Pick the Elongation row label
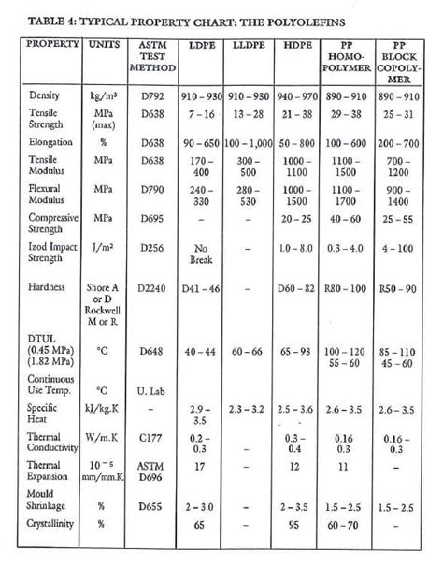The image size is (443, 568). pyautogui.click(x=50, y=143)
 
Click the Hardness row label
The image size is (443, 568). pyautogui.click(x=49, y=287)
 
